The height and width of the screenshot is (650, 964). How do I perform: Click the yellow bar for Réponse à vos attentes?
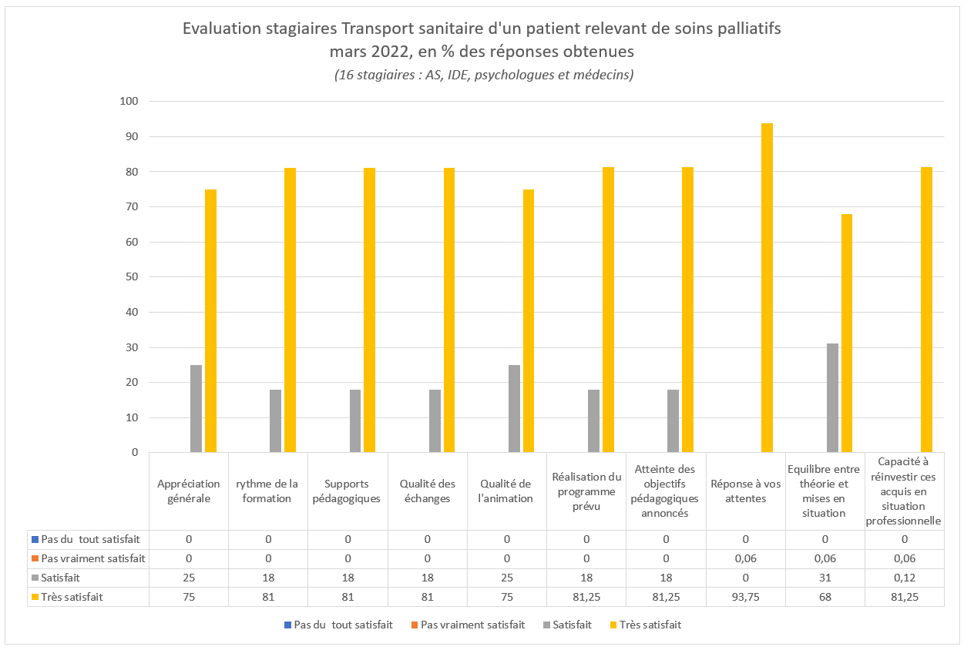coord(767,288)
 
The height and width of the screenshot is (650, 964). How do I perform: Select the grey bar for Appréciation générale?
coord(196,409)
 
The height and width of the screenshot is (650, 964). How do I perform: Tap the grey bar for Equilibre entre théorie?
coord(832,398)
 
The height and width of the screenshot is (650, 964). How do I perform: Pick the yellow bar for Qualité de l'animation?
coord(529,321)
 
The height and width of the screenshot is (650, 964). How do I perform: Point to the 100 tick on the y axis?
coord(128,102)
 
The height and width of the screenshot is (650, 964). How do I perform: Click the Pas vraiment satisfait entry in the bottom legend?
coord(472,625)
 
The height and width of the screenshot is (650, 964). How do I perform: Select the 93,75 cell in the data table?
coord(744,596)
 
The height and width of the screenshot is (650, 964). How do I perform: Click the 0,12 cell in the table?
coord(904,577)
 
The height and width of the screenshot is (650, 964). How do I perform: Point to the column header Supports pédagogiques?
coord(348,491)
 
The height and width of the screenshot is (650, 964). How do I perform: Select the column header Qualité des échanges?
coord(427,491)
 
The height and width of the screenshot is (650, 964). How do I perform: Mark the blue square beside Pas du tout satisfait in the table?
coord(34,538)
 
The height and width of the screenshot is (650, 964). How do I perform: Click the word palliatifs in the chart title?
coord(741,29)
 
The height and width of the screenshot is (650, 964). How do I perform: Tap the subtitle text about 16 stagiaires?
coord(483,75)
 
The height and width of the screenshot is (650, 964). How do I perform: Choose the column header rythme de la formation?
coord(267,491)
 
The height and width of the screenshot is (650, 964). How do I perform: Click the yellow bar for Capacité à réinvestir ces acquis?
coord(926,310)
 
